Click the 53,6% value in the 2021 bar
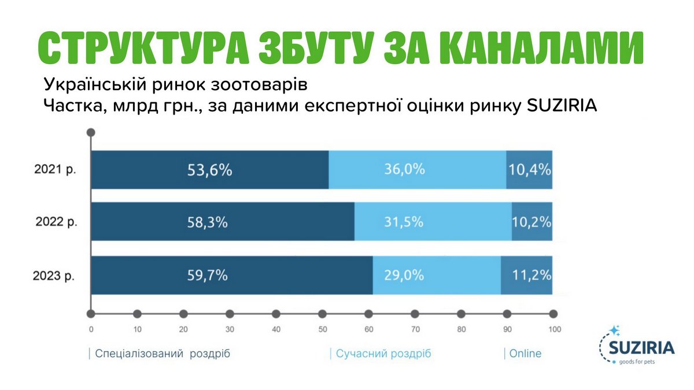(209, 170)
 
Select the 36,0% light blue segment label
(405, 169)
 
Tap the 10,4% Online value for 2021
(530, 170)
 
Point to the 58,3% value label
(207, 222)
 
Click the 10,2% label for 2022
(531, 222)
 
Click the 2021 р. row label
(56, 170)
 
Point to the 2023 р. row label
(56, 276)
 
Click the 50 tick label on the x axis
(322, 330)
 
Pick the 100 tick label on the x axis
(554, 330)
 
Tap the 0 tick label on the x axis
(91, 330)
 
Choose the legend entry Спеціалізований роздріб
(162, 354)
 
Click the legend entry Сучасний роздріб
(383, 354)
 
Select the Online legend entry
(525, 354)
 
